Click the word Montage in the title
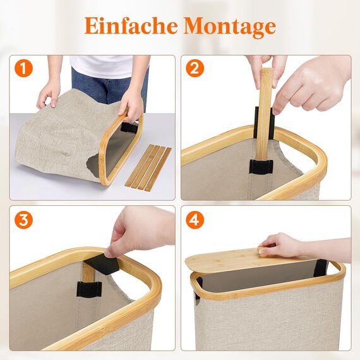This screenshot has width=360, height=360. point(230,27)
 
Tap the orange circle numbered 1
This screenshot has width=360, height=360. point(23,68)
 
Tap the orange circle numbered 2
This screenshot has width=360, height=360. point(195,68)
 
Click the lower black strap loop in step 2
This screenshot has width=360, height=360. point(260,167)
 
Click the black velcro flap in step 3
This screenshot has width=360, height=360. point(102,265)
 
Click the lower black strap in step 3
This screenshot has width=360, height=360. point(89,290)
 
